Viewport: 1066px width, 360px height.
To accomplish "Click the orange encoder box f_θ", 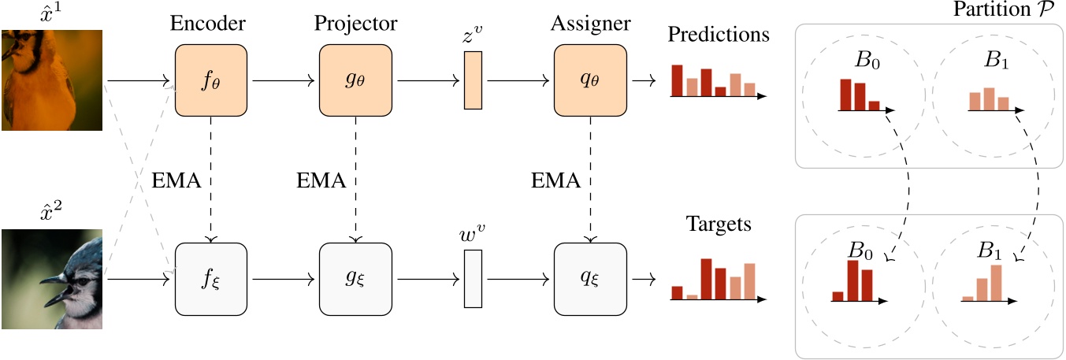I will (x=211, y=80).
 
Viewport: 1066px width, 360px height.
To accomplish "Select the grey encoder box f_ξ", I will (x=211, y=279).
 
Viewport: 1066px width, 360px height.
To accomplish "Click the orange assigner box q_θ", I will (x=590, y=80).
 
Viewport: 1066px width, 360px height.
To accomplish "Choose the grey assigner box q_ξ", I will (x=590, y=279).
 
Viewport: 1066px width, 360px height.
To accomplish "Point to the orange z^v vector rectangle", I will (x=473, y=80).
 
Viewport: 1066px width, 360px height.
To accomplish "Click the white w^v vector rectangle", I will (x=473, y=279).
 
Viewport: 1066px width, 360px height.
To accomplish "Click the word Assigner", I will (x=590, y=24).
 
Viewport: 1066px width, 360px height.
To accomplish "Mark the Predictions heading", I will (x=719, y=35).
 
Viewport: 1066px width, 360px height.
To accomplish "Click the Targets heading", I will (x=719, y=225).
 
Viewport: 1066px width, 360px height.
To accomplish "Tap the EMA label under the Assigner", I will (x=555, y=180).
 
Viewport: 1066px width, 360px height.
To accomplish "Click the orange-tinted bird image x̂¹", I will (x=52, y=80).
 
